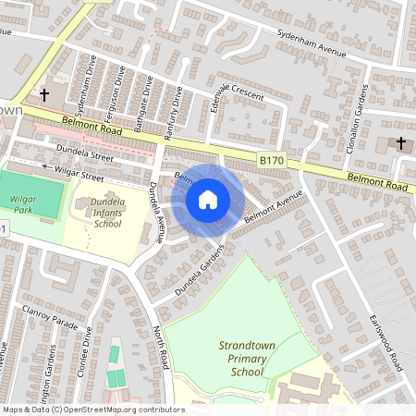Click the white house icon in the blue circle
point(207,199)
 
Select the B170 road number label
point(272,160)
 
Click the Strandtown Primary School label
point(247,358)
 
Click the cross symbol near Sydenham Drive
point(43,94)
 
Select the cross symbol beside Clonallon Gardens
point(400,143)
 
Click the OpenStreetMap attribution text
point(92,410)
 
